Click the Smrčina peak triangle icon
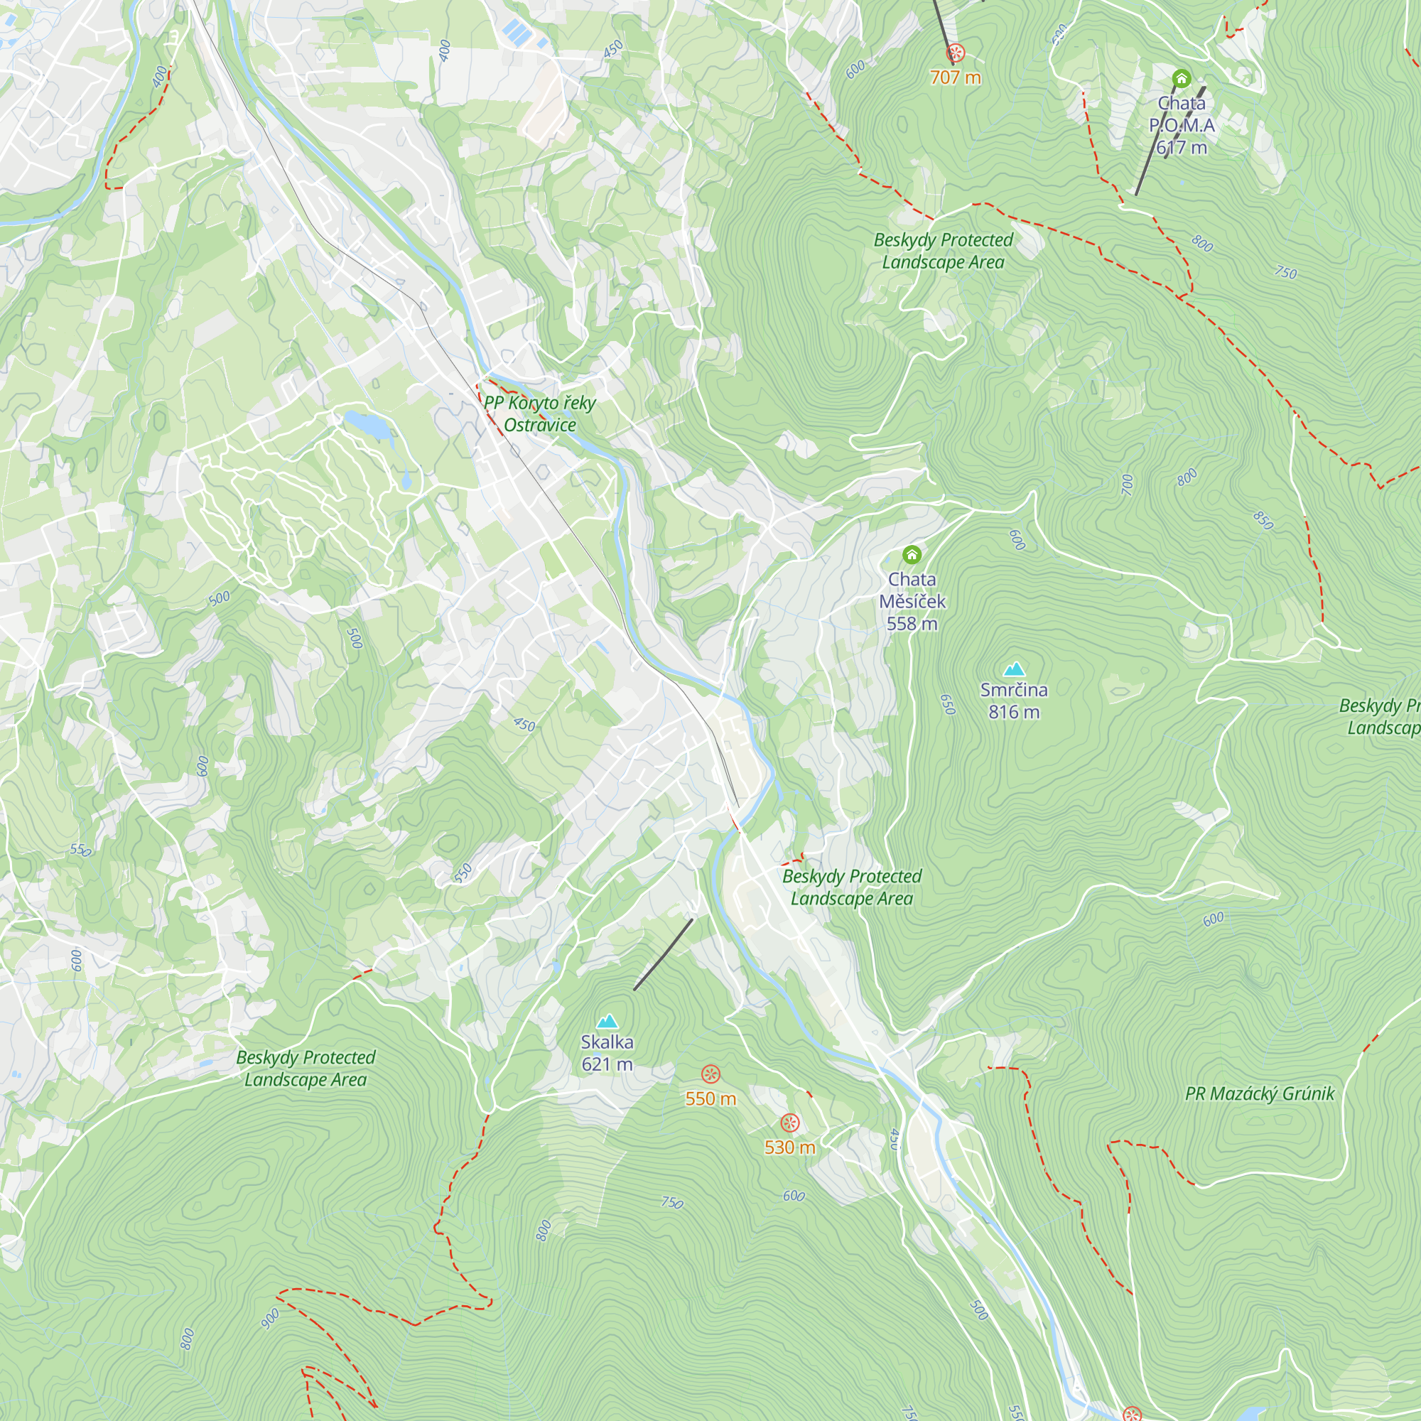pyautogui.click(x=1015, y=669)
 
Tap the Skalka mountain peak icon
pyautogui.click(x=607, y=1021)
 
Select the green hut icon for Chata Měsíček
pyautogui.click(x=912, y=554)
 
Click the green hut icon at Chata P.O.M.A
pyautogui.click(x=1182, y=78)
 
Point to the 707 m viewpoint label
pyautogui.click(x=955, y=77)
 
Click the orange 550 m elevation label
pyautogui.click(x=710, y=1099)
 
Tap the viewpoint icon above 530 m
pyautogui.click(x=789, y=1123)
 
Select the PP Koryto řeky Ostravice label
pyautogui.click(x=539, y=414)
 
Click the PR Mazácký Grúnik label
pyautogui.click(x=1259, y=1093)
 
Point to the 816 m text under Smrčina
pyautogui.click(x=1014, y=712)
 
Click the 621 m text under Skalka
pyautogui.click(x=607, y=1064)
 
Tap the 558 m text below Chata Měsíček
pyautogui.click(x=912, y=624)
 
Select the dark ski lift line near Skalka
pyautogui.click(x=663, y=954)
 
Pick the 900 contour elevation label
pyautogui.click(x=270, y=1318)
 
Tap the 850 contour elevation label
pyautogui.click(x=1263, y=520)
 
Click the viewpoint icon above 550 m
pyautogui.click(x=710, y=1074)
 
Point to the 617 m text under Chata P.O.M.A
pyautogui.click(x=1182, y=148)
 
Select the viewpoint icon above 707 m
pyautogui.click(x=955, y=53)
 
